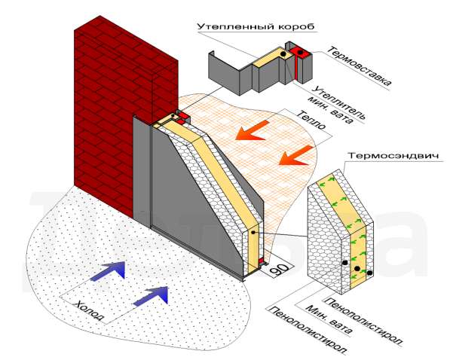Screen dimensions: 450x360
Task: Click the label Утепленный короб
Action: [256, 26]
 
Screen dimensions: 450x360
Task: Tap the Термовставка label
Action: [359, 66]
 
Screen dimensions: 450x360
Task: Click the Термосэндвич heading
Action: [393, 157]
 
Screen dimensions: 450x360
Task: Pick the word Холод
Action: [89, 312]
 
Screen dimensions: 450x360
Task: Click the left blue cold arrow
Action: [109, 270]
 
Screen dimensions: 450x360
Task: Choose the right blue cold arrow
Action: [151, 295]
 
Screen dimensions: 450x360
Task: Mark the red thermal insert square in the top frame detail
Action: [299, 53]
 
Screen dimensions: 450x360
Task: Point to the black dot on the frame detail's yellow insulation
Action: [283, 54]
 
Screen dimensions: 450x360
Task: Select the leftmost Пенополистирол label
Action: [306, 331]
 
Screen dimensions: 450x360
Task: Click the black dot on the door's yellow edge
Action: [253, 233]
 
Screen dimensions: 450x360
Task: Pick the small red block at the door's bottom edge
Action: [261, 261]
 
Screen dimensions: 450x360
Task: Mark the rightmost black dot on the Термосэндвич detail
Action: [369, 273]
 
